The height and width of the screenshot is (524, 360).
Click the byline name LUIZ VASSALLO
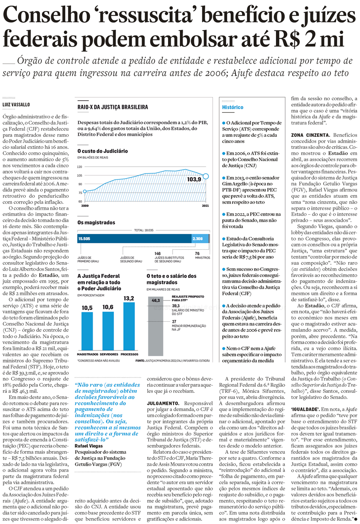click(16, 105)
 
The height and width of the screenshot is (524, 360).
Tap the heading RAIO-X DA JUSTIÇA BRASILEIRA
click(113, 107)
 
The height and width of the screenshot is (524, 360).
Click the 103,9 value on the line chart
click(194, 179)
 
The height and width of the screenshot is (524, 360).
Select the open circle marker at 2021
click(206, 176)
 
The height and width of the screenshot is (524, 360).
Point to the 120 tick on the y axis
click(79, 167)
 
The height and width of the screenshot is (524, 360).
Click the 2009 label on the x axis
click(85, 206)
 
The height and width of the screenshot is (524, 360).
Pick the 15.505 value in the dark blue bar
click(84, 239)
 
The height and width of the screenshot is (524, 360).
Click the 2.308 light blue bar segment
click(199, 239)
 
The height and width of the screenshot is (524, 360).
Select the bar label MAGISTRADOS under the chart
click(88, 354)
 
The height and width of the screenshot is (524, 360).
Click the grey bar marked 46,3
click(155, 326)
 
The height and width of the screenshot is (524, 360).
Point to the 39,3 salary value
click(176, 306)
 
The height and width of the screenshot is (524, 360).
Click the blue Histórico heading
click(233, 107)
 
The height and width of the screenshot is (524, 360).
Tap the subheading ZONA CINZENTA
click(310, 135)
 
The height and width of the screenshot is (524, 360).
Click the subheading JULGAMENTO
click(163, 403)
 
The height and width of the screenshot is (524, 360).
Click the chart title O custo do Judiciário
click(102, 151)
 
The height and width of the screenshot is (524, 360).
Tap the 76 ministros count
click(197, 254)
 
